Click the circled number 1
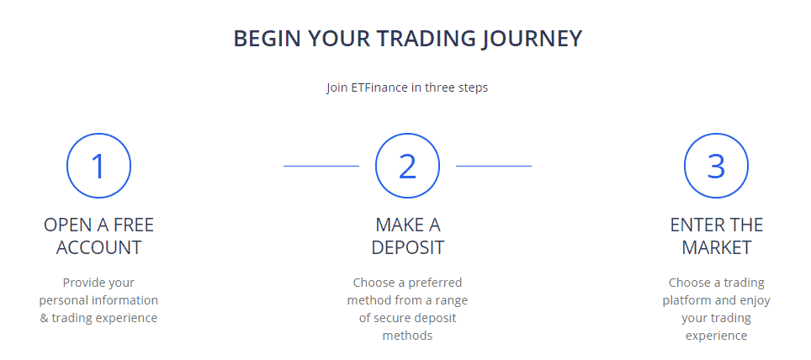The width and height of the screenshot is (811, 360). click(98, 166)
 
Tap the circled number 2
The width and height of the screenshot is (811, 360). click(407, 166)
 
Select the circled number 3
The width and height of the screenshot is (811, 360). click(716, 166)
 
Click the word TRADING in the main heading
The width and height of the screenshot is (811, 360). click(421, 39)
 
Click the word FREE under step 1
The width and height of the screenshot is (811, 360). click(133, 225)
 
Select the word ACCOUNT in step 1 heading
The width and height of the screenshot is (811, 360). click(98, 248)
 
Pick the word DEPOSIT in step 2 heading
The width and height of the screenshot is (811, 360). click(407, 248)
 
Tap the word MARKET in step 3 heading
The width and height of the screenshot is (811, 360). click(716, 248)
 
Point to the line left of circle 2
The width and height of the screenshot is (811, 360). click(321, 167)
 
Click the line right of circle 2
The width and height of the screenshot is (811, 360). click(494, 167)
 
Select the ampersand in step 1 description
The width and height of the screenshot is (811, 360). click(45, 318)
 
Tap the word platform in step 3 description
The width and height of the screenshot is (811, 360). click(693, 300)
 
